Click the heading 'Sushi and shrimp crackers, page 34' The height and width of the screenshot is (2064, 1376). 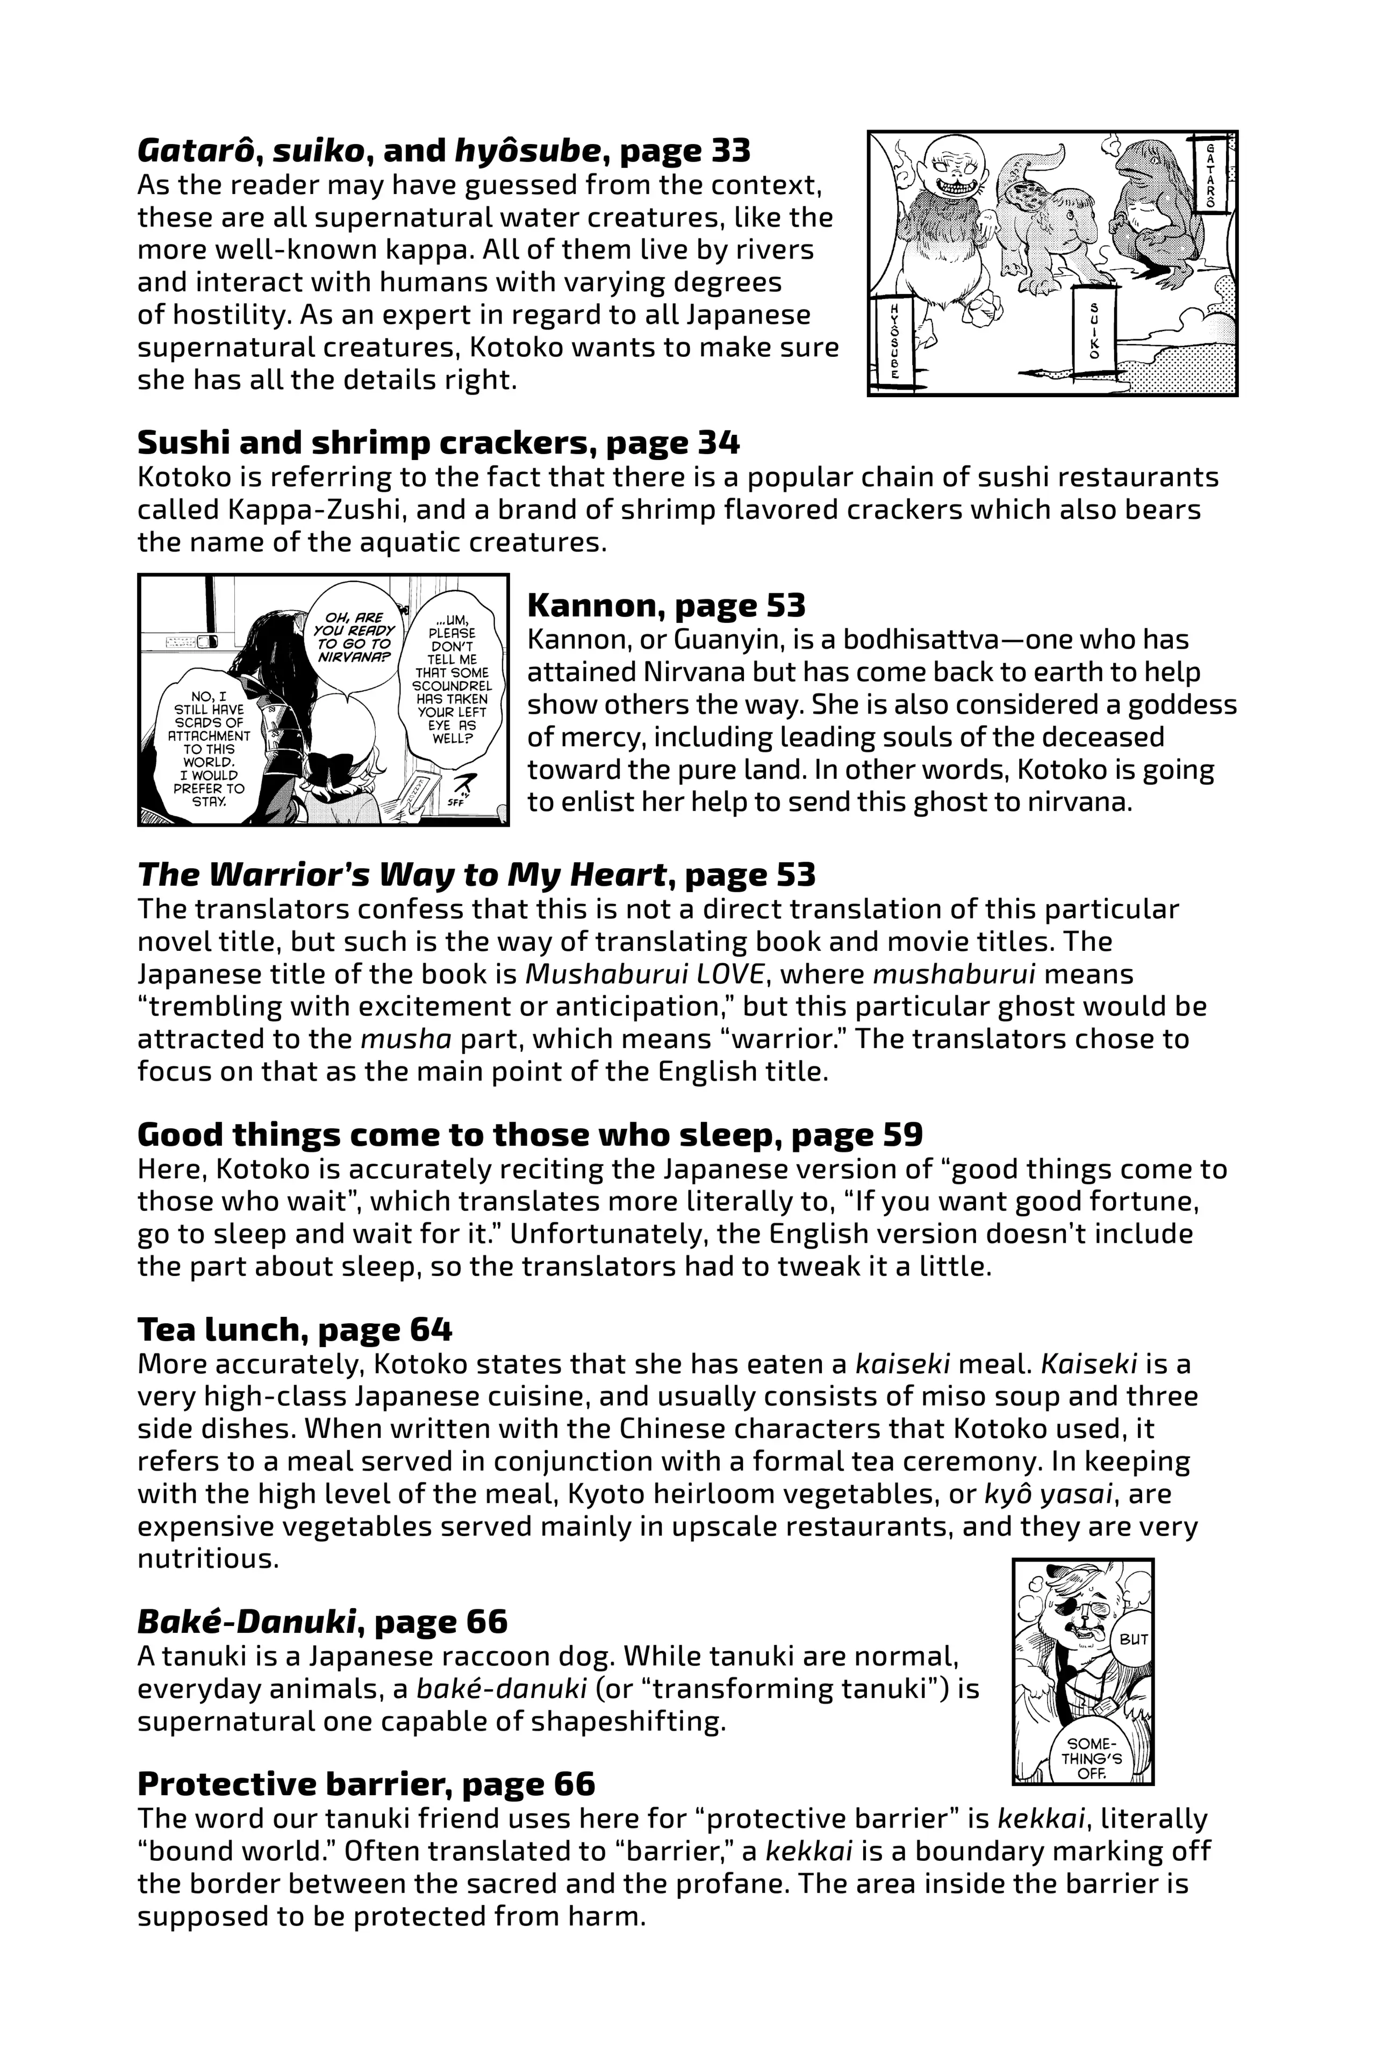[x=438, y=442]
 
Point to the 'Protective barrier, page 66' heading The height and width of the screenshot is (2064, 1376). [x=366, y=1783]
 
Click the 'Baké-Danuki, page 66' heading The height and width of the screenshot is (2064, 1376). [x=322, y=1621]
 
